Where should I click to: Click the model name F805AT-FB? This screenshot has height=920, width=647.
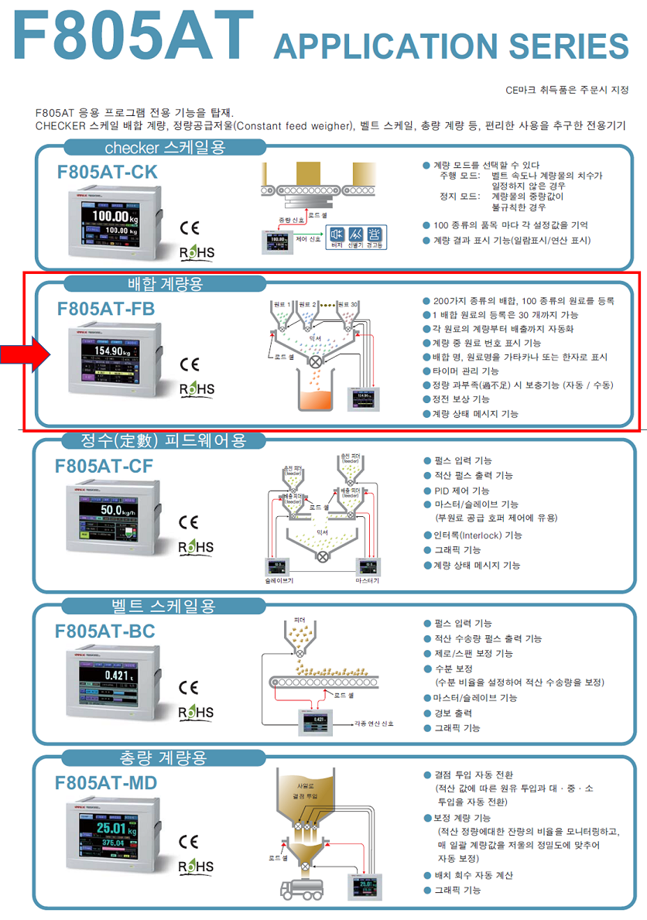point(106,308)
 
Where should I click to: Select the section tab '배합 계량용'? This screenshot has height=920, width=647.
point(165,284)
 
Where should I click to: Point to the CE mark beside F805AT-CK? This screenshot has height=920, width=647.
point(189,228)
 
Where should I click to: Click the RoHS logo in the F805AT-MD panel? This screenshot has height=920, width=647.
point(197,866)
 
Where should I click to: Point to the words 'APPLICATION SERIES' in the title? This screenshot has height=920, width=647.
point(450,46)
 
